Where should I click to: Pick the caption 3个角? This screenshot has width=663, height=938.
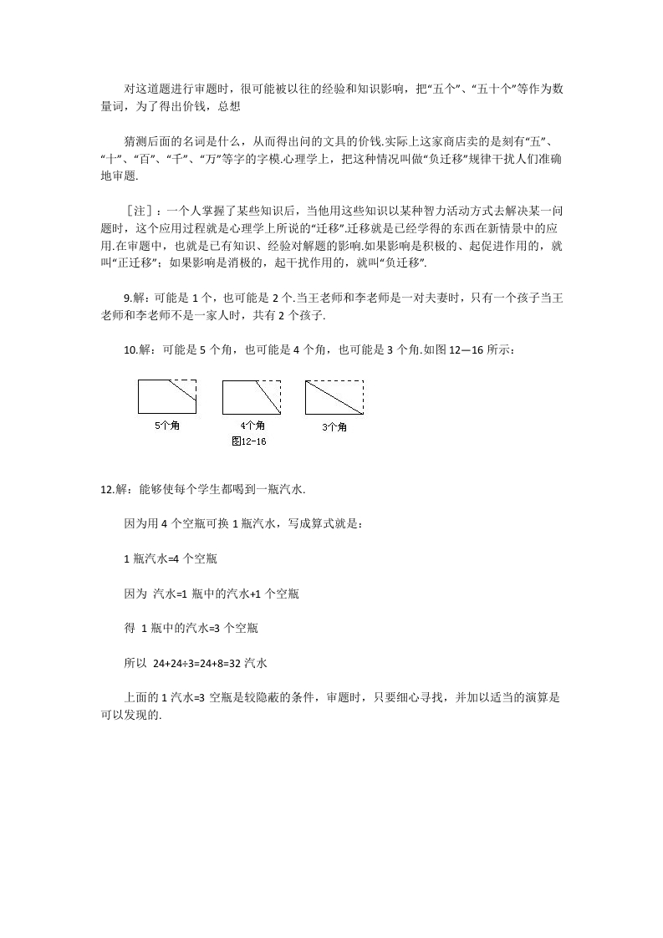coord(334,427)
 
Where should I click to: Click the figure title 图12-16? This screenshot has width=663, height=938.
coord(248,441)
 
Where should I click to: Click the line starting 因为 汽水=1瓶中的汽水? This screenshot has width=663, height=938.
coord(212,594)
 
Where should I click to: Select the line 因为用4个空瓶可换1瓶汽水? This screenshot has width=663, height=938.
coord(242,523)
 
